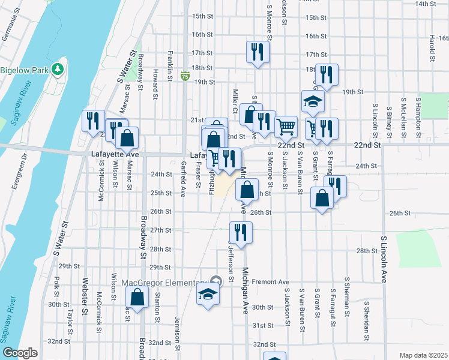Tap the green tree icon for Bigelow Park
tap(58, 70)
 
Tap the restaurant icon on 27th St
tap(241, 232)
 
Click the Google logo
tap(20, 353)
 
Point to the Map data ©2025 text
tap(423, 355)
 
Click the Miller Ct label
tap(235, 96)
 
